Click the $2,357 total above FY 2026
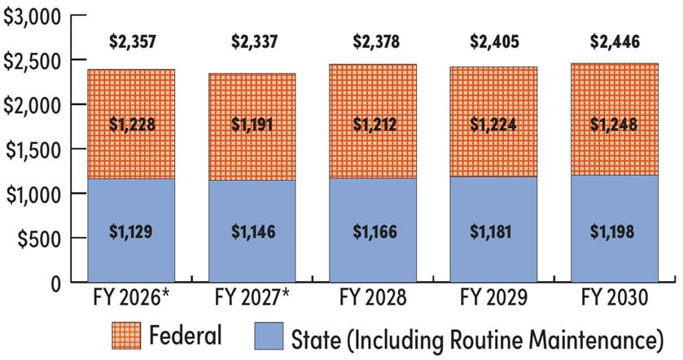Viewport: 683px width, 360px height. [130, 40]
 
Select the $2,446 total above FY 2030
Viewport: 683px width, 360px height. [615, 40]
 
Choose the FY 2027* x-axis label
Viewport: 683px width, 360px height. [252, 300]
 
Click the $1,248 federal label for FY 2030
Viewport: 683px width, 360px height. [615, 125]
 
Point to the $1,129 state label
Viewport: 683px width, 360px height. [130, 230]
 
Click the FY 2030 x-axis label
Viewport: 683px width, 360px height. [615, 300]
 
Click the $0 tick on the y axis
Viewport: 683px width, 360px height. [54, 283]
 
